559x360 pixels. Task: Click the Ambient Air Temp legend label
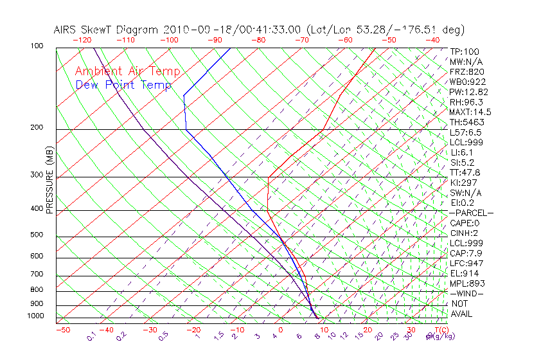127,71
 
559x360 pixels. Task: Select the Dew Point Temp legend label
123,85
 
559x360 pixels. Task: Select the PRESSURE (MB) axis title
49,181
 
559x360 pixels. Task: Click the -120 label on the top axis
82,40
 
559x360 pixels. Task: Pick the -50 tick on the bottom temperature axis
62,330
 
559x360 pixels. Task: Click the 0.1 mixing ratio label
92,336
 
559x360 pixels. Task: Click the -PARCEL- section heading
471,213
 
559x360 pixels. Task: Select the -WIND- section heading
467,294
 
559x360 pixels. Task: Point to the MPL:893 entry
467,283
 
